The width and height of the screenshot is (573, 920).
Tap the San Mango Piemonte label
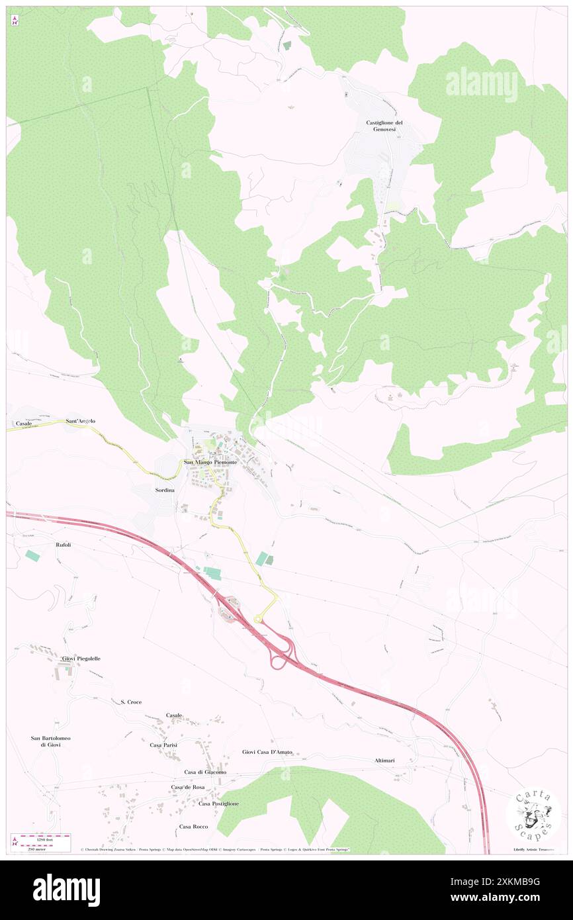click(210, 462)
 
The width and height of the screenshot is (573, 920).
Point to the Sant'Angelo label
click(81, 421)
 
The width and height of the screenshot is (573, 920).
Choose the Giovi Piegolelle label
click(81, 659)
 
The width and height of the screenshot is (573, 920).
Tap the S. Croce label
click(131, 702)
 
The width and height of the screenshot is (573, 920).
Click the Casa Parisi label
click(163, 745)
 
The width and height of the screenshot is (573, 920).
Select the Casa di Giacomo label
click(205, 772)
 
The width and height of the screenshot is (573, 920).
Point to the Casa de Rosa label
click(188, 787)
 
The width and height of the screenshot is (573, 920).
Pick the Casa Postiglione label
click(217, 804)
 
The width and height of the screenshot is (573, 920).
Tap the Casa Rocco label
click(193, 827)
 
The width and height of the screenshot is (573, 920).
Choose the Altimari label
click(383, 760)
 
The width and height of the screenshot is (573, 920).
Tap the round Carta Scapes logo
click(533, 813)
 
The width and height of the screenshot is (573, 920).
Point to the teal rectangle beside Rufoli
click(33, 556)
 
